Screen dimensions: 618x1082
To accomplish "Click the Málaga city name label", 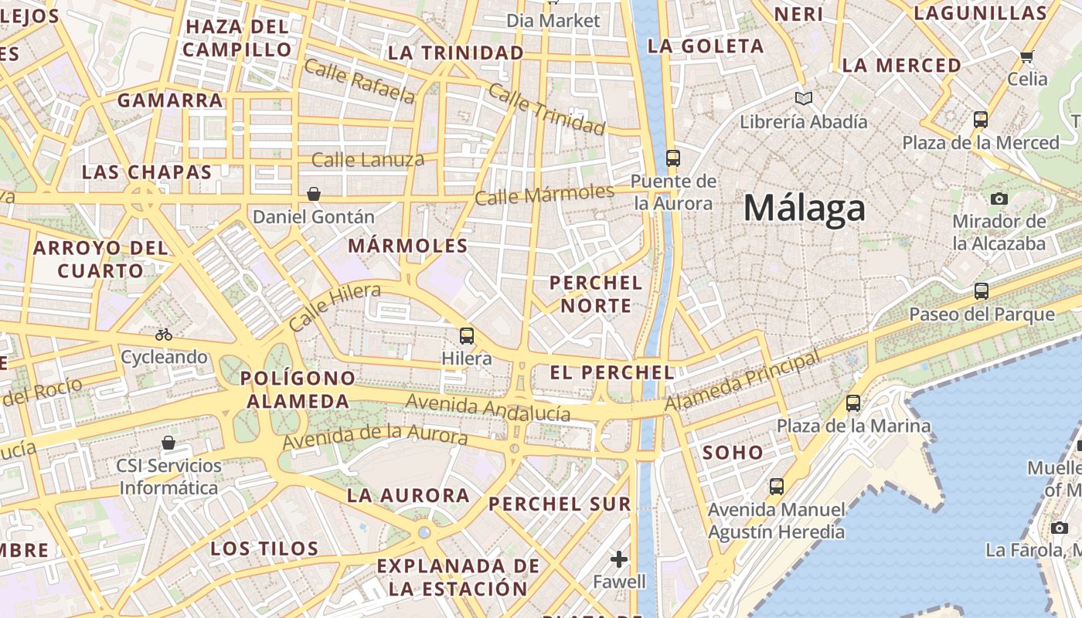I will click(804, 208).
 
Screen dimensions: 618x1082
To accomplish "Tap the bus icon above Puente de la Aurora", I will click(672, 158).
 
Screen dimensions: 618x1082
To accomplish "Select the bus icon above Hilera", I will click(467, 335).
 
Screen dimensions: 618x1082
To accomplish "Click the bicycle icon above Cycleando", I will click(163, 334).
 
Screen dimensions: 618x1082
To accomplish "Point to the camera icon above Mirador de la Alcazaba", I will click(999, 199).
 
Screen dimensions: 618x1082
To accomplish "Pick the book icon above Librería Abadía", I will click(804, 99).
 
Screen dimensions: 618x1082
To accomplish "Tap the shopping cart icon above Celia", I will click(1026, 56).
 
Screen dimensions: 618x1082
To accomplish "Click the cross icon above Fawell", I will click(619, 559).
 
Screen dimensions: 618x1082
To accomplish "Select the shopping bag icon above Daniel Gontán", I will click(314, 194).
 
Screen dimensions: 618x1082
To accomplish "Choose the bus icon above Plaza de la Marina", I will click(853, 402).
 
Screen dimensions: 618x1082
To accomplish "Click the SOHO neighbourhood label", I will click(733, 453).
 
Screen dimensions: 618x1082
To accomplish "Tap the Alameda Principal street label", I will click(742, 382).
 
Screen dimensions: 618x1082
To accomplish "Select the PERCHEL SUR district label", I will click(560, 504).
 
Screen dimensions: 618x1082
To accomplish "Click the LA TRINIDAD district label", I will click(456, 53).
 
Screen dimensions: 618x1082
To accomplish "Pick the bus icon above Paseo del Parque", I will click(981, 291).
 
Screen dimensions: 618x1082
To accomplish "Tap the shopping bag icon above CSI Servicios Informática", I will click(168, 443).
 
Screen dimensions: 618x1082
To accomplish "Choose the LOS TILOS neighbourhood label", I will click(264, 548).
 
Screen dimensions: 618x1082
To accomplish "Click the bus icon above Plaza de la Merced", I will click(981, 120).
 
